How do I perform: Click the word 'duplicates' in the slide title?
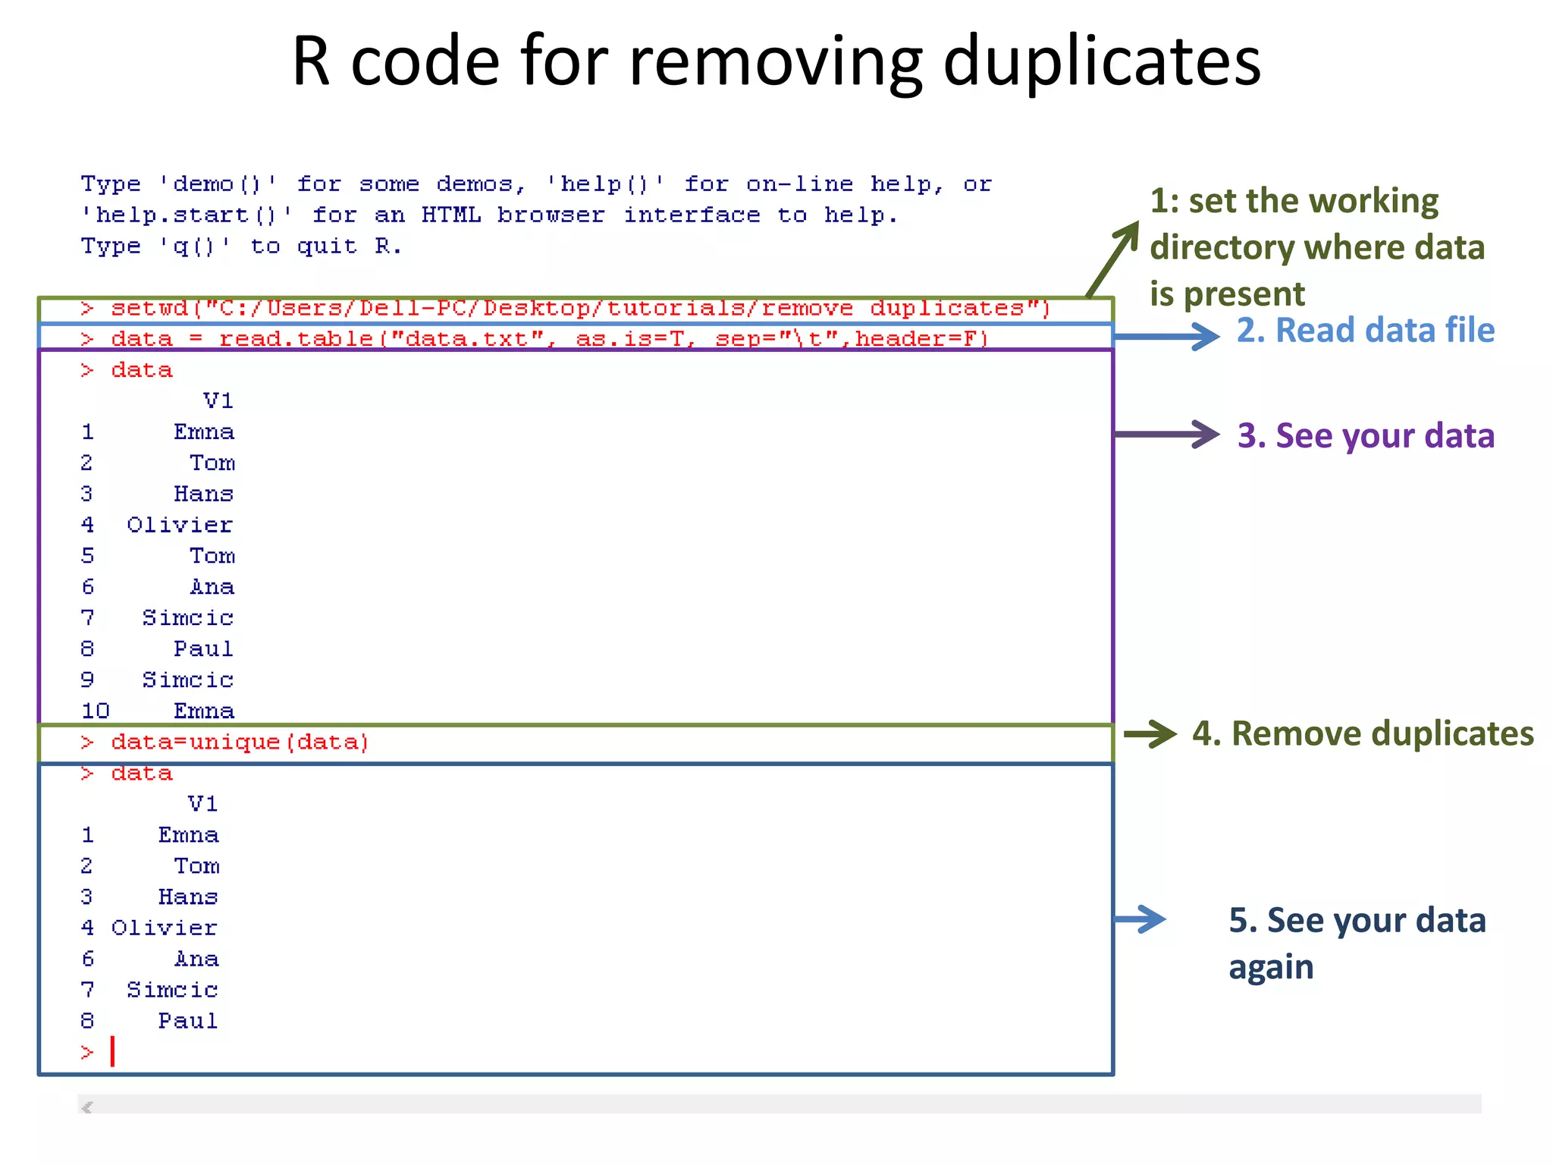pos(1101,62)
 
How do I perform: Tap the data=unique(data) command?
pos(240,742)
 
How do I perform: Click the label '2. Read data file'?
pos(1365,331)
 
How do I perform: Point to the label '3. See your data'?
pos(1365,436)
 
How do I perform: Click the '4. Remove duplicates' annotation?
pos(1362,733)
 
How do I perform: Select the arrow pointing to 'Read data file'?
pos(1166,336)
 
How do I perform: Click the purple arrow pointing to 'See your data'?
pos(1166,435)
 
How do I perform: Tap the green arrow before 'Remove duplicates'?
pos(1150,733)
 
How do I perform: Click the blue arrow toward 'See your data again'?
pos(1140,919)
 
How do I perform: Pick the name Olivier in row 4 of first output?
pos(180,525)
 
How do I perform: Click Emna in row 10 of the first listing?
pos(203,711)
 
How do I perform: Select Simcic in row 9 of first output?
pos(187,680)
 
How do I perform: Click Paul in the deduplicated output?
pos(187,1022)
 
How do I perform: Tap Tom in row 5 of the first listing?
pos(212,556)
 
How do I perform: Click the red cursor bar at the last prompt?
pos(112,1051)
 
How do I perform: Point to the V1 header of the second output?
pos(202,804)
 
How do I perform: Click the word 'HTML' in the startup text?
pos(450,215)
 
